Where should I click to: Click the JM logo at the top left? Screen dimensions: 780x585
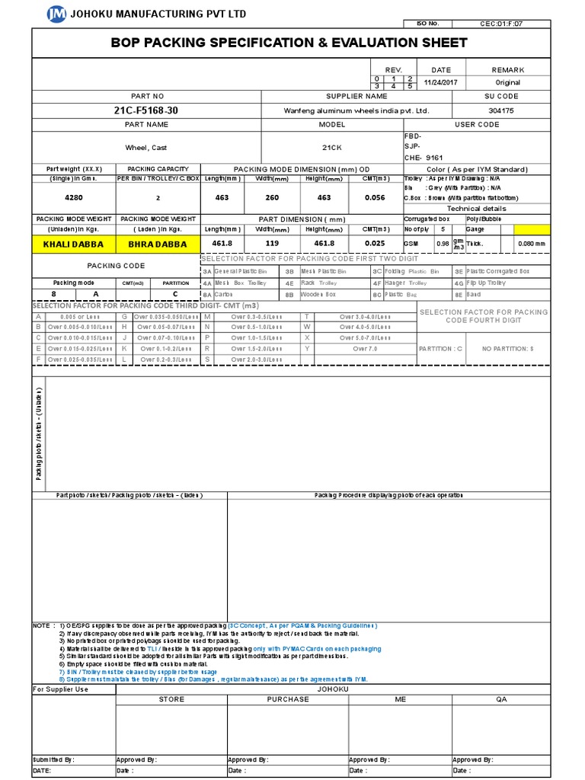(x=56, y=13)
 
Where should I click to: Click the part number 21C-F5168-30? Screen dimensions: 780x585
(x=146, y=110)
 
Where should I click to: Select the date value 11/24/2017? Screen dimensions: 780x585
(x=441, y=82)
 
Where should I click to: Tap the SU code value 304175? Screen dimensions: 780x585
(x=502, y=110)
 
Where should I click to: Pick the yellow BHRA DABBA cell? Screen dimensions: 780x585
(x=157, y=244)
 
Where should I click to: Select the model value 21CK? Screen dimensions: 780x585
(x=332, y=147)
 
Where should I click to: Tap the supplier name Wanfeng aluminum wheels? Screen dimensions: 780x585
(x=356, y=110)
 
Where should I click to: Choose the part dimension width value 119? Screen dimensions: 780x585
(x=272, y=244)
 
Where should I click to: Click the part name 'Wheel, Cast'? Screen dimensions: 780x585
(x=146, y=147)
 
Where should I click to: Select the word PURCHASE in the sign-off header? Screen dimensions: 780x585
(x=288, y=698)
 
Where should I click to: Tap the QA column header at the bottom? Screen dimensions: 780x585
(x=501, y=698)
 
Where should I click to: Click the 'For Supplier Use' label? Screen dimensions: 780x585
(x=61, y=689)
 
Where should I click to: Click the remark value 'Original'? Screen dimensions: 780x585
(x=508, y=82)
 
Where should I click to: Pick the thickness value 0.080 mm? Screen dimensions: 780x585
(x=531, y=244)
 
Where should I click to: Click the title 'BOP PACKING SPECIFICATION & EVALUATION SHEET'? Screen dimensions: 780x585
(x=289, y=43)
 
